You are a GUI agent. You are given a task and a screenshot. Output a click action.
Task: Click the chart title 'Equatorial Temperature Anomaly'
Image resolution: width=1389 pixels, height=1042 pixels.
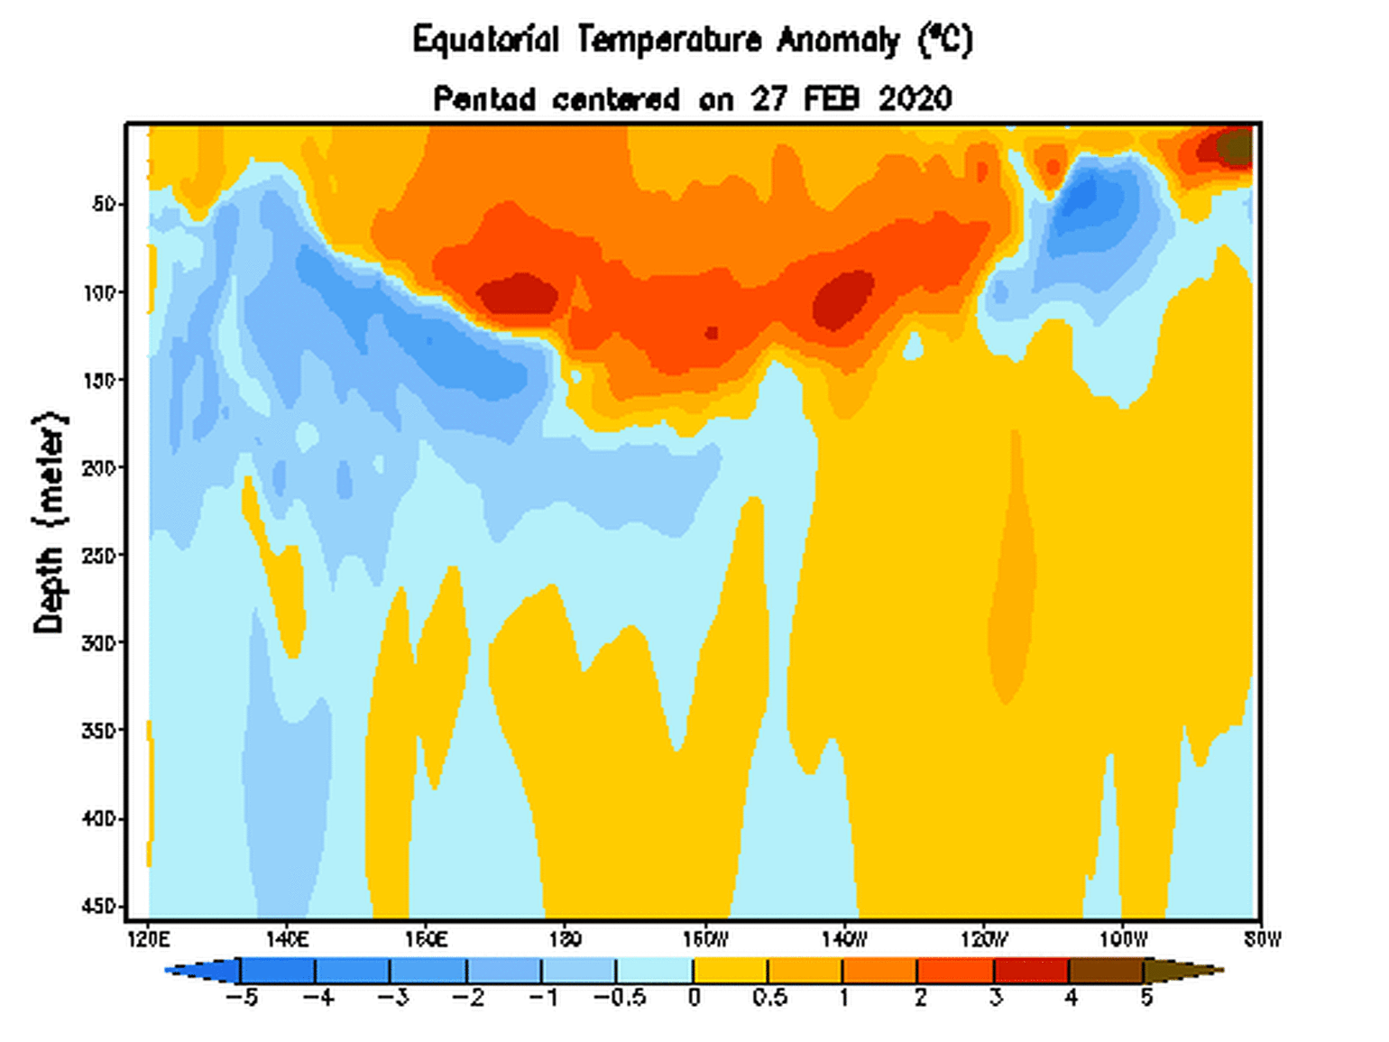657,41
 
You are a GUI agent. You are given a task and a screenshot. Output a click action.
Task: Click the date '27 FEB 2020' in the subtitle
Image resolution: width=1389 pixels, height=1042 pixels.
851,98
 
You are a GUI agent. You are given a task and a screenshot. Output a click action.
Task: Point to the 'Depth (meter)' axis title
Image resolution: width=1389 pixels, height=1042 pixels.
50,522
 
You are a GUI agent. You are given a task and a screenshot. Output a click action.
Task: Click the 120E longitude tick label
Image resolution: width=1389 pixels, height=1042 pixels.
149,940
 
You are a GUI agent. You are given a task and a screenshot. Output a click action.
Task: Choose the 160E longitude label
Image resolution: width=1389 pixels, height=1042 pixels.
426,940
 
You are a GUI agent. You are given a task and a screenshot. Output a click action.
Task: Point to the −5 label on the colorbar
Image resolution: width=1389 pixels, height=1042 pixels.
241,998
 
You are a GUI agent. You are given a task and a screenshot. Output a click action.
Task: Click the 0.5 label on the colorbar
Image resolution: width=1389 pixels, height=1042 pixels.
768,998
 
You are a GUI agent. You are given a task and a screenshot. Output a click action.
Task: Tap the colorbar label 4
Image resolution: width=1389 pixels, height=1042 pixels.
1071,998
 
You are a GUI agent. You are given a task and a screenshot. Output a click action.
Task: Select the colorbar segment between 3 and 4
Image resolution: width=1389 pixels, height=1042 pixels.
1031,971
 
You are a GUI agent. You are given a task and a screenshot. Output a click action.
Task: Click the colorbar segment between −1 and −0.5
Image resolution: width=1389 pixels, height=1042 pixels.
579,971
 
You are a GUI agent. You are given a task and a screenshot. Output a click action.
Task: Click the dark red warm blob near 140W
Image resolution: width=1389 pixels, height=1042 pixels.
843,299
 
